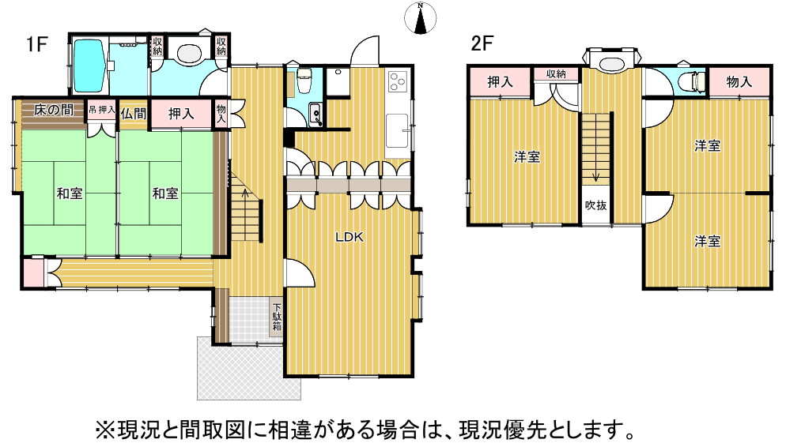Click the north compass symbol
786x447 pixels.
[x=420, y=18]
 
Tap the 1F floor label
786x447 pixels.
[x=36, y=44]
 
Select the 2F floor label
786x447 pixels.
[x=482, y=43]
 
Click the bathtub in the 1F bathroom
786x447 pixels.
[x=89, y=66]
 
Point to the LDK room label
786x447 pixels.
[x=350, y=237]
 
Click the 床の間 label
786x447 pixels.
[x=54, y=110]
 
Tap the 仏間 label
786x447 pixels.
[x=133, y=114]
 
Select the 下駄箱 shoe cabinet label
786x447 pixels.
[x=277, y=317]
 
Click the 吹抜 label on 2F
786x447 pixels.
[x=595, y=205]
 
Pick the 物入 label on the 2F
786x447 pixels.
[x=739, y=81]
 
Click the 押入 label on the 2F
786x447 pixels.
[x=500, y=81]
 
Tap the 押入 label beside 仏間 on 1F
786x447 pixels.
[x=181, y=114]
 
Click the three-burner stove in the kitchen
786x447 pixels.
[x=399, y=81]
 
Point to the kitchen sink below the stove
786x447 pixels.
[x=398, y=130]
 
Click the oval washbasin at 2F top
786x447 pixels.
[x=611, y=63]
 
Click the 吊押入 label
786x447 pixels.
[x=102, y=110]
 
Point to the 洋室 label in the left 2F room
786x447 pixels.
[x=527, y=157]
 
